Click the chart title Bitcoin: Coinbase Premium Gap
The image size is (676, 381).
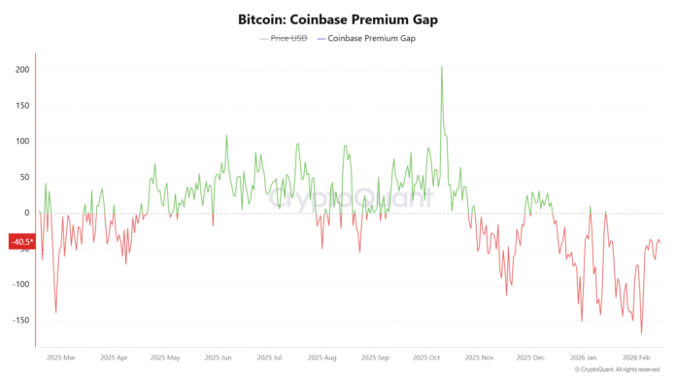coord(337,19)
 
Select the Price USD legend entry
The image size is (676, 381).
coord(287,39)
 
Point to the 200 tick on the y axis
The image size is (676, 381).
coord(20,70)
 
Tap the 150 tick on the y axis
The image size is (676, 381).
coord(20,106)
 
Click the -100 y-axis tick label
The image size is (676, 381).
coord(18,285)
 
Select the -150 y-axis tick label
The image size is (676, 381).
coord(18,320)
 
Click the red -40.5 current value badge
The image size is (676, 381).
coord(21,242)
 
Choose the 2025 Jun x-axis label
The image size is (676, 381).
coord(219,358)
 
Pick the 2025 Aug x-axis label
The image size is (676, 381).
coord(322,358)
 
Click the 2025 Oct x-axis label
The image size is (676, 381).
coord(426,358)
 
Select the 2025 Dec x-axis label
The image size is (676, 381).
coord(531,358)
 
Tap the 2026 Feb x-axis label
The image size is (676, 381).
coord(636,358)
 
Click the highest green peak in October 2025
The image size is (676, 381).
coord(442,67)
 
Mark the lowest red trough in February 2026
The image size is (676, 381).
coord(641,333)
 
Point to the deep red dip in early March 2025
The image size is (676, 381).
coord(55,312)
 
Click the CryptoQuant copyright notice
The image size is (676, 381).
coord(619,370)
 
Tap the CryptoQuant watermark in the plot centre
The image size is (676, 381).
coord(350,199)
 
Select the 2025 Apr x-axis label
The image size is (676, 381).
coord(114,358)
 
